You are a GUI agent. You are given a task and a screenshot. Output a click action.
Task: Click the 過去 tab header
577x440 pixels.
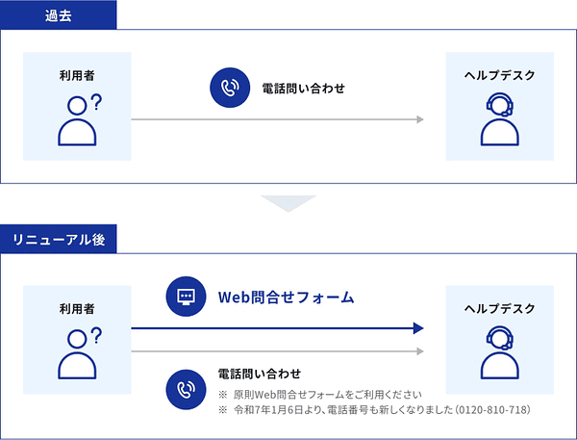click(x=58, y=15)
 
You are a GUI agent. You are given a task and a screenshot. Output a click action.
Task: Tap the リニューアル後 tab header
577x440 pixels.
click(x=58, y=239)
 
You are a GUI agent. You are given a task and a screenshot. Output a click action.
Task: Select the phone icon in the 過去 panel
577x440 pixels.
click(x=230, y=88)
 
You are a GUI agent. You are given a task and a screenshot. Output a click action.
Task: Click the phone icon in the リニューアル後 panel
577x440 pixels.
click(x=186, y=390)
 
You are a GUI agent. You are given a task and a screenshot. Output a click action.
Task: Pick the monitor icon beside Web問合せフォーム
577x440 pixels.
click(x=186, y=297)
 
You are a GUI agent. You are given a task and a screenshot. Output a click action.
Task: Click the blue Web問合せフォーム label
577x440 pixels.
click(x=286, y=297)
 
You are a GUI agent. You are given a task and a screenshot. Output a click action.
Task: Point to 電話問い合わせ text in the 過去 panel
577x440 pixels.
click(x=303, y=89)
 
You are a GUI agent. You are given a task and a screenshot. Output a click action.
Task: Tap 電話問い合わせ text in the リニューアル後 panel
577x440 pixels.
click(x=260, y=374)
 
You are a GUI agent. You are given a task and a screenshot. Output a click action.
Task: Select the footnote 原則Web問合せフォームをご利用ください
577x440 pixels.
click(x=328, y=395)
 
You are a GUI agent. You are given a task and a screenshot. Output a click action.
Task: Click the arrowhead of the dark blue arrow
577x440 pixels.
click(x=418, y=328)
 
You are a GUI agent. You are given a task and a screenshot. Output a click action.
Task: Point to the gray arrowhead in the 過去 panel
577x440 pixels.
click(x=420, y=119)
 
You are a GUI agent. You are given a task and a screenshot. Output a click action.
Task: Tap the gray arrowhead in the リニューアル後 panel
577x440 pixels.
click(x=420, y=351)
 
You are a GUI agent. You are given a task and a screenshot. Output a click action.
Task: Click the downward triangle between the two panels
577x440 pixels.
click(x=288, y=203)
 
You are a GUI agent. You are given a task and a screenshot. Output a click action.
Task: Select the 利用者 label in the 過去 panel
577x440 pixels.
click(x=77, y=75)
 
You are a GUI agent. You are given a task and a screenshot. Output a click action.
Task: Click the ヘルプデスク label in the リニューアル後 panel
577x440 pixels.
click(x=499, y=308)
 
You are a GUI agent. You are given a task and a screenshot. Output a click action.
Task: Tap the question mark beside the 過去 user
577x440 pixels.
click(x=96, y=102)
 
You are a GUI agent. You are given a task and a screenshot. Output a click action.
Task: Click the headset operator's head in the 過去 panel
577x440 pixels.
click(x=500, y=104)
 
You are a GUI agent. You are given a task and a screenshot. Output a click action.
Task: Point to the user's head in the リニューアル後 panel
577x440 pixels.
click(x=77, y=338)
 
